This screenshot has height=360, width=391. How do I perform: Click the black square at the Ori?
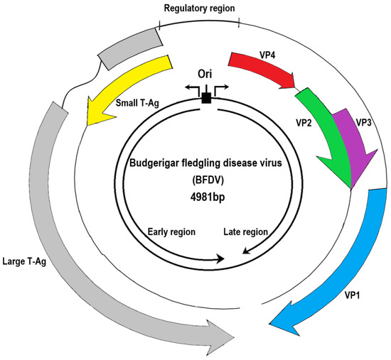click(x=206, y=98)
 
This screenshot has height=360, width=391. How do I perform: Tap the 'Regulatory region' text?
click(x=199, y=9)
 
